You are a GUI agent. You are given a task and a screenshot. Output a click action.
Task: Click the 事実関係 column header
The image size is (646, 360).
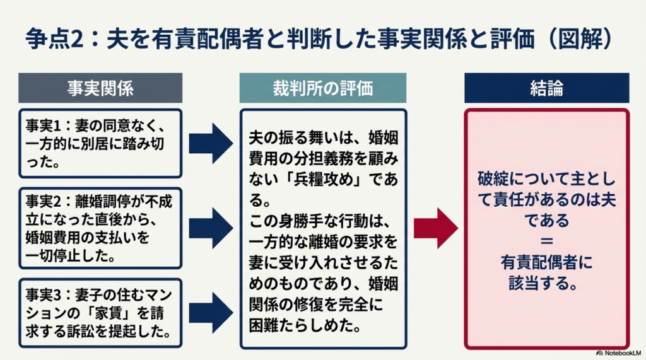coord(100,88)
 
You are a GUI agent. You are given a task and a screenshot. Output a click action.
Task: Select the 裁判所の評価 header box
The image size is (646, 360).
coord(323,88)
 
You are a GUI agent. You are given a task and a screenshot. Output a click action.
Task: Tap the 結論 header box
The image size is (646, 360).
coord(546,88)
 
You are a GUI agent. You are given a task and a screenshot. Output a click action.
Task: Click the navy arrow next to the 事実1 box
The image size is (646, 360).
coord(211,143)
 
